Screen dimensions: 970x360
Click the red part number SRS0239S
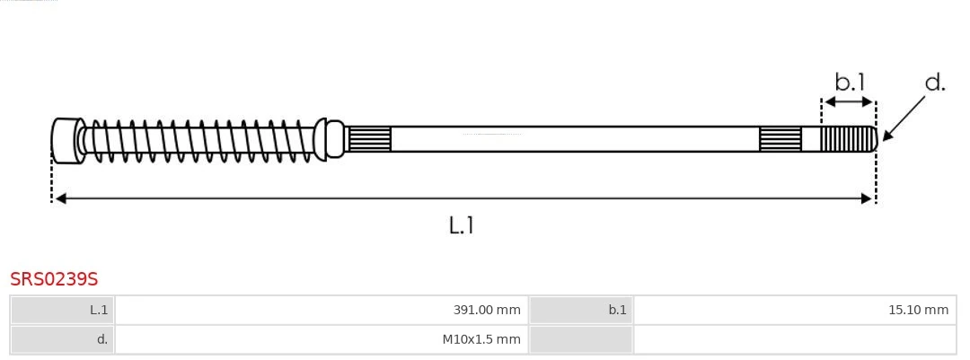tap(54, 279)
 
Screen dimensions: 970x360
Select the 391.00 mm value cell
tap(322, 310)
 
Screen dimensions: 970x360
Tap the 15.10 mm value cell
tap(794, 310)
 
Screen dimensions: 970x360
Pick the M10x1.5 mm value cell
tap(322, 339)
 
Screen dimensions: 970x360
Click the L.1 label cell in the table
tap(63, 310)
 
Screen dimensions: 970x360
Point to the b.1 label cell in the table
tap(581, 310)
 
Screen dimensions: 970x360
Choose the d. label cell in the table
tap(63, 339)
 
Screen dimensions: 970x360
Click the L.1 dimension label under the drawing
tap(462, 225)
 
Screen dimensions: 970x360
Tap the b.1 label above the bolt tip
tap(850, 82)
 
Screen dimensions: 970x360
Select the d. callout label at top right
tap(935, 83)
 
